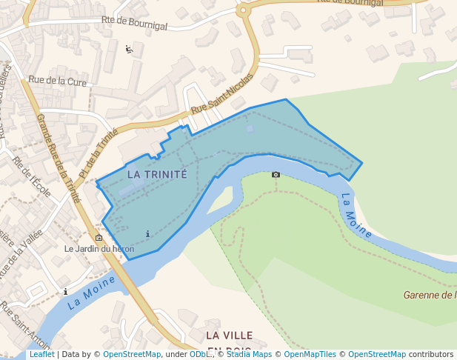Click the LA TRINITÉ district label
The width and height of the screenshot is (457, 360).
pos(157,174)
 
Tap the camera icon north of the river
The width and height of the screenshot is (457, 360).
pos(276,175)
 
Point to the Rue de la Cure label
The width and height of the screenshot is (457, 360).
pos(57,80)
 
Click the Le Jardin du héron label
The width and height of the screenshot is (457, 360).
pos(99,249)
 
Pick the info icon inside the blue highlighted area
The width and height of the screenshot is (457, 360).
pos(148,234)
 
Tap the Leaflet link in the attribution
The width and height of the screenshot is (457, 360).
pos(41,355)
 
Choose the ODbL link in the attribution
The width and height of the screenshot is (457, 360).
pos(199,355)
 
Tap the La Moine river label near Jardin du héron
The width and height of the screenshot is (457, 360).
pos(91,293)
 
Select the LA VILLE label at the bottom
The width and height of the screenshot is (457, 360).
pos(230,336)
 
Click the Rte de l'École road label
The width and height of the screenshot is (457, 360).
pos(31,179)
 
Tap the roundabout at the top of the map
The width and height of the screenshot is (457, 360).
pos(243,10)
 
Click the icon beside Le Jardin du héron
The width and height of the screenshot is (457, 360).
pos(99,237)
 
